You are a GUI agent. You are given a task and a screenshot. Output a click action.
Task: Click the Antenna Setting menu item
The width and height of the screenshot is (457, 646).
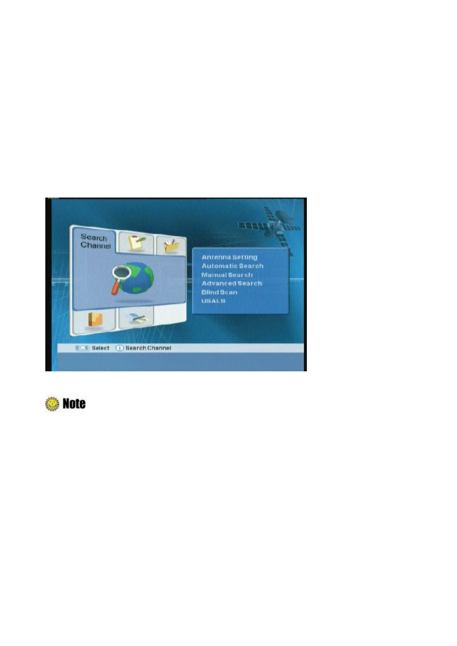(x=229, y=257)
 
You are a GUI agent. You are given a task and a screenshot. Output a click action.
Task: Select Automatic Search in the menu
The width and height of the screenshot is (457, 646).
(x=232, y=266)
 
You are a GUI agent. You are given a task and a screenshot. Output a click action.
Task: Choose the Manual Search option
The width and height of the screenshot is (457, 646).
(x=227, y=275)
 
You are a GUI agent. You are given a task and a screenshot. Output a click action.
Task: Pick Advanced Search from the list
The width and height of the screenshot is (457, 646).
(x=232, y=283)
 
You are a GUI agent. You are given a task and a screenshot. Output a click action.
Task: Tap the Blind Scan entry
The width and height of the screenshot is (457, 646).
(x=219, y=292)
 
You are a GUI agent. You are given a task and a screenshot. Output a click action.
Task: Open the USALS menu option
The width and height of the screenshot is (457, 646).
(x=214, y=301)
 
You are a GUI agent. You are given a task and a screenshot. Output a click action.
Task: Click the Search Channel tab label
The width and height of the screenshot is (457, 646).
(x=95, y=241)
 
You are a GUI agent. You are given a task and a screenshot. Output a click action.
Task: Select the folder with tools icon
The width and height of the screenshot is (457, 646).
(x=171, y=246)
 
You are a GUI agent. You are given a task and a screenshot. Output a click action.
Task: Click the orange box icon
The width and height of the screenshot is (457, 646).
(x=95, y=320)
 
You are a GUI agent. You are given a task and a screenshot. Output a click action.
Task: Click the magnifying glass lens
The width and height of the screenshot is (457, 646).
(x=121, y=271)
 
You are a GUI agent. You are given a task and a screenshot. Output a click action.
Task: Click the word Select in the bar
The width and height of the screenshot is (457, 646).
(x=101, y=348)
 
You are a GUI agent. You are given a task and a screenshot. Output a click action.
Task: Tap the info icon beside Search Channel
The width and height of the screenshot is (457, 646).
(x=119, y=348)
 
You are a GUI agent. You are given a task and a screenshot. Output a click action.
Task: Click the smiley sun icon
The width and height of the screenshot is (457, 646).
(x=52, y=404)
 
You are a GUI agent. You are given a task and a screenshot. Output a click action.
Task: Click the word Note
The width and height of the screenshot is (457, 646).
(x=74, y=404)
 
